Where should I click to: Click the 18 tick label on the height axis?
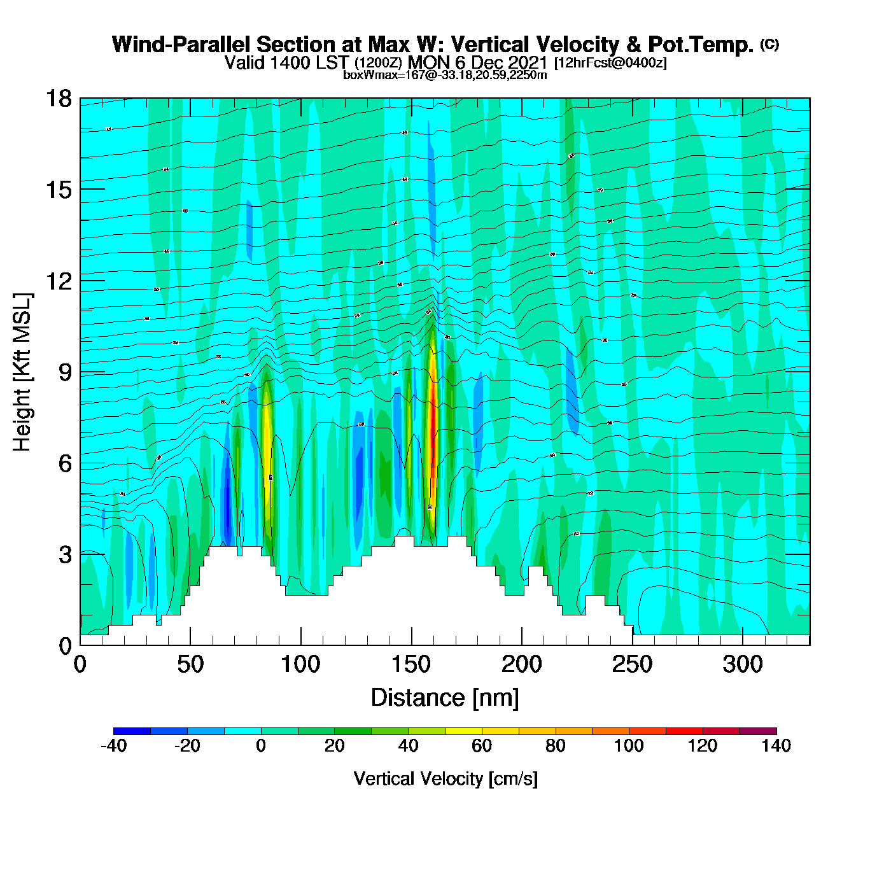(58, 99)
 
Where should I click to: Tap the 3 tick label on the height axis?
(65, 555)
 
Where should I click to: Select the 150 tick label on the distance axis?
(411, 664)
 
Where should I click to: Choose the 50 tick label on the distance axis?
(190, 664)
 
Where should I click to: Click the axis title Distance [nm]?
(445, 698)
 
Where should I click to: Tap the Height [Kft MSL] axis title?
(22, 372)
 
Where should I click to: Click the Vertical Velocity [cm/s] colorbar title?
(445, 778)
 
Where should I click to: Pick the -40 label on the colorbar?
(113, 746)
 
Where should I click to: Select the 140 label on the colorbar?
(776, 746)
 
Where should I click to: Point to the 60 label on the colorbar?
(482, 746)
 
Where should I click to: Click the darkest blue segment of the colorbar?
(132, 731)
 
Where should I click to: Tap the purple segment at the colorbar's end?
(758, 731)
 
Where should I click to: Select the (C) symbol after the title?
(769, 44)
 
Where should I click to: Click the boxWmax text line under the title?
(445, 75)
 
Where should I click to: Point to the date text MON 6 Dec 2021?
(477, 62)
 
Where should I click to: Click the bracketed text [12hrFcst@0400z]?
(610, 63)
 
